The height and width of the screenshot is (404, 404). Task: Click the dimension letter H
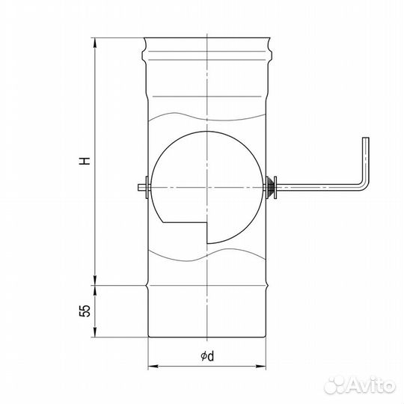85,160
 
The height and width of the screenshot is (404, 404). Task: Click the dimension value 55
85,310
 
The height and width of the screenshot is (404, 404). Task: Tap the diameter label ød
207,356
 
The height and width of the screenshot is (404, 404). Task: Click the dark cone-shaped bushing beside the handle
269,187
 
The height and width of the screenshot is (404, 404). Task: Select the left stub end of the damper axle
141,187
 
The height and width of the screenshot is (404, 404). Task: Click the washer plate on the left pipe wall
147,187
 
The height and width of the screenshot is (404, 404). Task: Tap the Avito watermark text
371,386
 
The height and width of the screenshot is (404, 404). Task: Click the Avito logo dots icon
334,385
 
